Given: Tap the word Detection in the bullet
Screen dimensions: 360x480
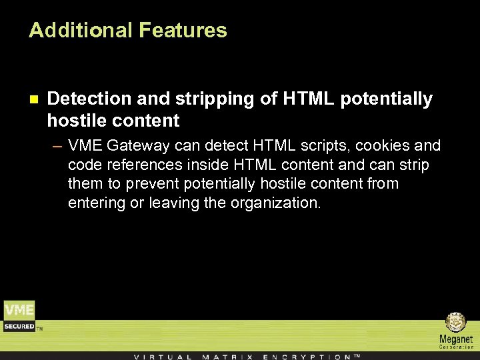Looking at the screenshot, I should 90,99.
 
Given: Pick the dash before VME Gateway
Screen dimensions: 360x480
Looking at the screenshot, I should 58,146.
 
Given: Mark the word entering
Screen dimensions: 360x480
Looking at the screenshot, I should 95,203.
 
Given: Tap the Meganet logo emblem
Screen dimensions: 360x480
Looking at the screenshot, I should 455,323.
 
